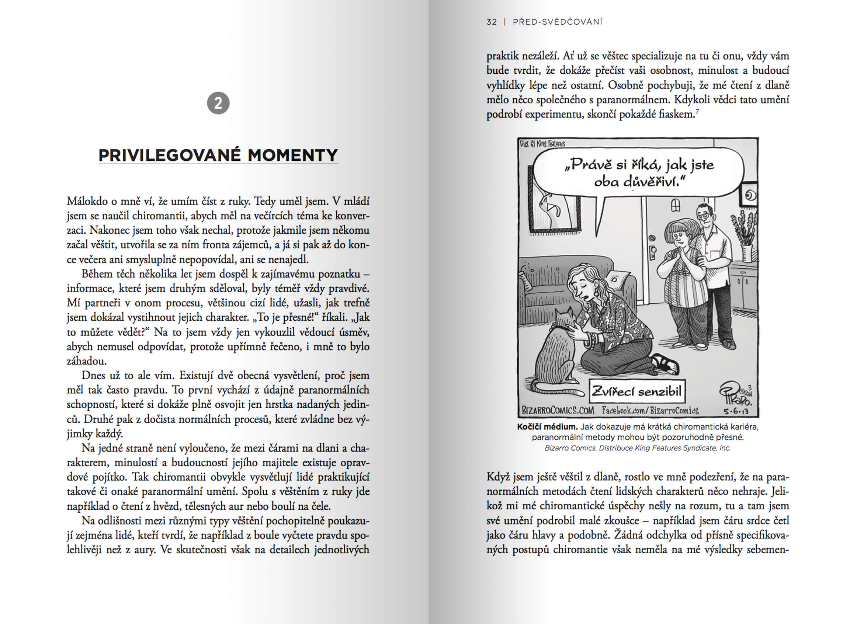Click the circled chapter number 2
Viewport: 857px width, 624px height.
[x=218, y=103]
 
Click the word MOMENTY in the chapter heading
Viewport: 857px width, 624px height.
[x=292, y=155]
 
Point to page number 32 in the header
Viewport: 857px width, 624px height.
[x=492, y=22]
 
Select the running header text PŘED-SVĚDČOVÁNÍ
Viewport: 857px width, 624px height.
[x=557, y=22]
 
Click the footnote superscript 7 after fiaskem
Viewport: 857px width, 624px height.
[x=697, y=111]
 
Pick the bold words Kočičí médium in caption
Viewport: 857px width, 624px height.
[x=548, y=427]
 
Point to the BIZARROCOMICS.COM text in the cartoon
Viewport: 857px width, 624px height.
[x=558, y=410]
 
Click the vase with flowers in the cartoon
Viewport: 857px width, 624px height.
[x=744, y=242]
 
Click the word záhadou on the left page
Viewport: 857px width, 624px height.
[x=87, y=361]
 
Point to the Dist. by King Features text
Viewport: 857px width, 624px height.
[x=542, y=143]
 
